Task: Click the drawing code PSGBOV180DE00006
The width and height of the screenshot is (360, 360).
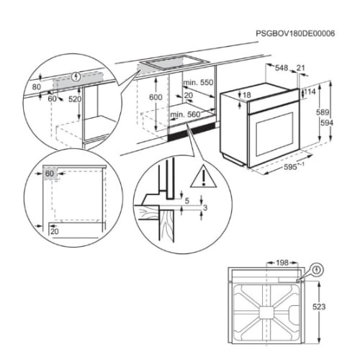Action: pyautogui.click(x=295, y=33)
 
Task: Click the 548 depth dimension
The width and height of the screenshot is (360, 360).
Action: pyautogui.click(x=282, y=68)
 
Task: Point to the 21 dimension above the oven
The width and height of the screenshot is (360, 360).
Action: pyautogui.click(x=300, y=68)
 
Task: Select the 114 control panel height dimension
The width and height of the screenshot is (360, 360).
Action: pyautogui.click(x=310, y=91)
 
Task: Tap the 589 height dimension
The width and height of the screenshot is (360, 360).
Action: pyautogui.click(x=323, y=112)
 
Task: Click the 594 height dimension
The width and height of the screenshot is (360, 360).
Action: pyautogui.click(x=327, y=123)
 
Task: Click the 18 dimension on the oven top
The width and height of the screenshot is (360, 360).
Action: pyautogui.click(x=246, y=95)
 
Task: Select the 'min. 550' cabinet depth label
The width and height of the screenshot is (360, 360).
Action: pyautogui.click(x=198, y=83)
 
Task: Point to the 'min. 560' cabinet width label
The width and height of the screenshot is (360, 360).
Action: pyautogui.click(x=185, y=114)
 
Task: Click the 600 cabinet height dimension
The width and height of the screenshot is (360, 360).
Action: pyautogui.click(x=156, y=97)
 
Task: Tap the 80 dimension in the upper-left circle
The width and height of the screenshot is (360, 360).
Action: pyautogui.click(x=37, y=87)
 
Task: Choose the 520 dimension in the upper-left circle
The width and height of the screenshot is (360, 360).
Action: pyautogui.click(x=75, y=99)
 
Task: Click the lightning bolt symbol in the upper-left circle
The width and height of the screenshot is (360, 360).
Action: pyautogui.click(x=76, y=77)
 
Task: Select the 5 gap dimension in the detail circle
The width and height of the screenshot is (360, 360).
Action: pyautogui.click(x=187, y=201)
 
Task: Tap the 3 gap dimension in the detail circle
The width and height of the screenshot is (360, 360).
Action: pyautogui.click(x=205, y=207)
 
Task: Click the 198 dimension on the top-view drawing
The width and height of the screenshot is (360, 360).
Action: pyautogui.click(x=282, y=263)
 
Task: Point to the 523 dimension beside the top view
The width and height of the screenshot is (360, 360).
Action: pyautogui.click(x=319, y=307)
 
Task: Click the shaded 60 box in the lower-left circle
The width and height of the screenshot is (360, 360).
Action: pyautogui.click(x=50, y=174)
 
